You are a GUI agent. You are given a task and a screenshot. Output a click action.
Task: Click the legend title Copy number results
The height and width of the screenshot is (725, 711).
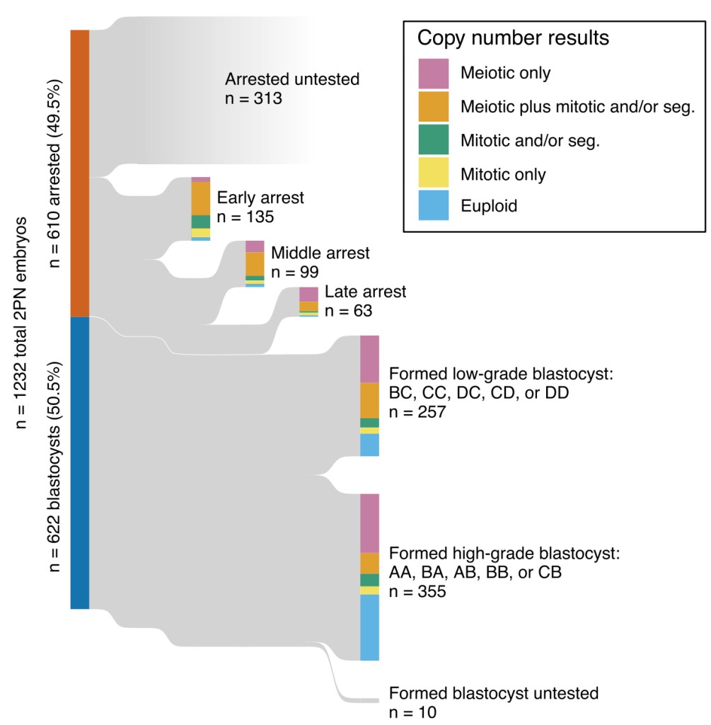pos(513,38)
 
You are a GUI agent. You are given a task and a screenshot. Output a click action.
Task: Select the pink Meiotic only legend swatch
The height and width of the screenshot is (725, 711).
pos(433,73)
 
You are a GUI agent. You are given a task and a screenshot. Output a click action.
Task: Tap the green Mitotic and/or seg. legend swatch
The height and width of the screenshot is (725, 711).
pos(433,140)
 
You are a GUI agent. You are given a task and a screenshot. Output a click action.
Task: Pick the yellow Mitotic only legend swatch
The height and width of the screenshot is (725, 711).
pos(433,173)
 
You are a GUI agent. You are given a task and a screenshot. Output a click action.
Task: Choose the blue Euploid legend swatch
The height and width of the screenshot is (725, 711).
pos(433,206)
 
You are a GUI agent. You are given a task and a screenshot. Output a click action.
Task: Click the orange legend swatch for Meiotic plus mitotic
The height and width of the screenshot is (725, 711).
pos(433,107)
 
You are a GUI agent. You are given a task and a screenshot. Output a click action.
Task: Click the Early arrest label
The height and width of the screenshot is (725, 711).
pos(260,197)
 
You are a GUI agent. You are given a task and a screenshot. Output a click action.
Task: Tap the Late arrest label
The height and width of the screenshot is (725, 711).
pos(365,292)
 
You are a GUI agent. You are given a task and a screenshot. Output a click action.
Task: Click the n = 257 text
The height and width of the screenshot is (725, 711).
pos(417,411)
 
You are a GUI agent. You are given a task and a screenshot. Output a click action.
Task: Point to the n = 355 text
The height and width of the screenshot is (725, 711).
pos(417,592)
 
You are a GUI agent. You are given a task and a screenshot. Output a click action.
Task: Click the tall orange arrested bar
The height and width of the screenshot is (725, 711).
pos(79,173)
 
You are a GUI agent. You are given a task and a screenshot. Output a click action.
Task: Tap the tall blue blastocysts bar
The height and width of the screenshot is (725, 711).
pos(79,462)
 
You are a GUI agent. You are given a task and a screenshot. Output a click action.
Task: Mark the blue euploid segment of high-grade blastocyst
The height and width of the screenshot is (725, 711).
pos(369,627)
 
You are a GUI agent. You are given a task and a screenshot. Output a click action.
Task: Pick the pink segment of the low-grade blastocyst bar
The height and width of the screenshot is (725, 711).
pos(369,359)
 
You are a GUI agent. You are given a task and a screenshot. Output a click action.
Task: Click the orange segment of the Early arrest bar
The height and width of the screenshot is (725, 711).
pos(201,198)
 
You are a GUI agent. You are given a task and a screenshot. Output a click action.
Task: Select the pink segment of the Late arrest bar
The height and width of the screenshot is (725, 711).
pos(308,294)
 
